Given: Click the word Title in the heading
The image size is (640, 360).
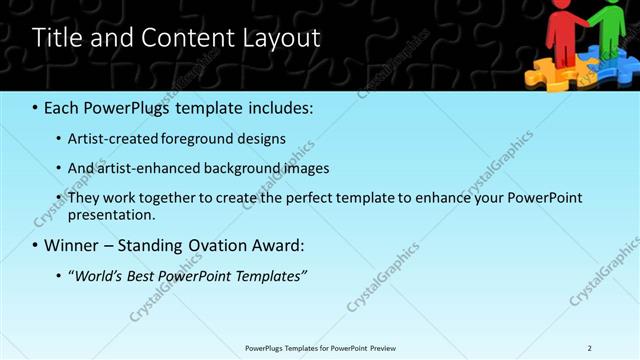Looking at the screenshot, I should click(x=55, y=38).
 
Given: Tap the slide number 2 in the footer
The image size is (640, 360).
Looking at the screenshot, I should click(x=590, y=348).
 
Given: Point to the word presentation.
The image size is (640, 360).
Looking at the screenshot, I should click(x=110, y=214).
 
